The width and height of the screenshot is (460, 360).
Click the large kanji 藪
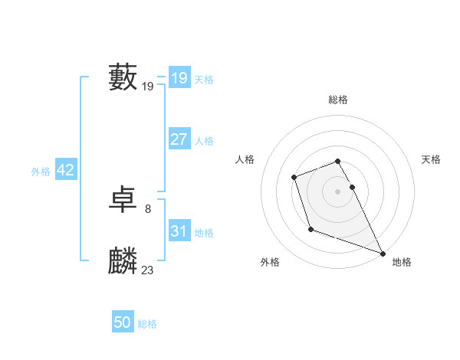123,77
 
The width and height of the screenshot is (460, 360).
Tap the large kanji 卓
123,201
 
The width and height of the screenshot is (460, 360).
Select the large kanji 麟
123,261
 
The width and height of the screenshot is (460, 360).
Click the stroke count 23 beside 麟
148,270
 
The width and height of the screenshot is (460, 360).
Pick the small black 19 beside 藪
148,87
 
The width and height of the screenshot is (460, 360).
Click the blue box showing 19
179,78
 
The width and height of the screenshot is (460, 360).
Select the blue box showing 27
179,139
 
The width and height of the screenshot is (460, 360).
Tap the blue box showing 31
179,231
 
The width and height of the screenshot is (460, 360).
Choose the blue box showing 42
65,170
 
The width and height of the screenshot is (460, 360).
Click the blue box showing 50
123,322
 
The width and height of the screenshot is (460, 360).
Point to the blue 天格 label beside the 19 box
204,80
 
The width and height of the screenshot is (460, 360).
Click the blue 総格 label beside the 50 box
147,324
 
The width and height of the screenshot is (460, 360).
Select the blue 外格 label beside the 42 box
41,172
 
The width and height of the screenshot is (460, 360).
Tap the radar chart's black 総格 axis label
338,100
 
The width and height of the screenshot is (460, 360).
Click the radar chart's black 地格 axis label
402,262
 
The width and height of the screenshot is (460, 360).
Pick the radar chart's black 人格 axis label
245,159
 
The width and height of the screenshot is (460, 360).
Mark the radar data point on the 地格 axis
383,254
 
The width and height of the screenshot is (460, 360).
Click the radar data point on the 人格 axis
294,178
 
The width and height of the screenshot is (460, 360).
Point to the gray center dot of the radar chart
338,191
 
